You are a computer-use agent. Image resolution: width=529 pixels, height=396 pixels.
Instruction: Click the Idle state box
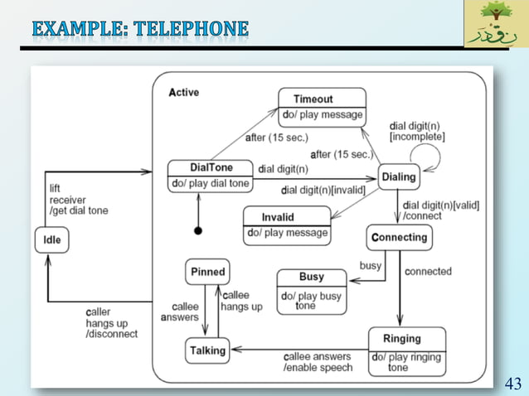click(51, 240)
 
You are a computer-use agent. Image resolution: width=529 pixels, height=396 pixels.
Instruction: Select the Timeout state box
click(322, 107)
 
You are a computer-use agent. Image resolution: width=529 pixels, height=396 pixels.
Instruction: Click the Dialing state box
click(398, 176)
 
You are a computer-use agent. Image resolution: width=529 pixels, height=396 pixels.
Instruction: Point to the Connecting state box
click(399, 237)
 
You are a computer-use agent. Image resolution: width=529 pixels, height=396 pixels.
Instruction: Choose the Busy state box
click(311, 290)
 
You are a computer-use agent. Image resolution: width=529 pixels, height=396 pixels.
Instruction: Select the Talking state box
click(206, 350)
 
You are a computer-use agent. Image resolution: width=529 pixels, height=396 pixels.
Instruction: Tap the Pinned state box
click(207, 272)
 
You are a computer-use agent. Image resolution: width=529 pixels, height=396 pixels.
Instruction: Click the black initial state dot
click(197, 229)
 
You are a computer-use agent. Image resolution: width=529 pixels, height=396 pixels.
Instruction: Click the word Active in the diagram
click(183, 93)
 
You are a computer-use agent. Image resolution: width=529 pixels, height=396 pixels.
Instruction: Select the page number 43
click(513, 383)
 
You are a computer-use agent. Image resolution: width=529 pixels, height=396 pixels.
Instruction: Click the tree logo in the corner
click(495, 23)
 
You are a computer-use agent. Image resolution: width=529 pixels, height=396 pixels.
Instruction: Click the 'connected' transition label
click(428, 272)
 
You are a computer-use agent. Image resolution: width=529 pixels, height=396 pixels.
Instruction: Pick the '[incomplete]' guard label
click(416, 136)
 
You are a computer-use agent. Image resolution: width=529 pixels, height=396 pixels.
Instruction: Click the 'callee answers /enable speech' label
click(317, 361)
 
